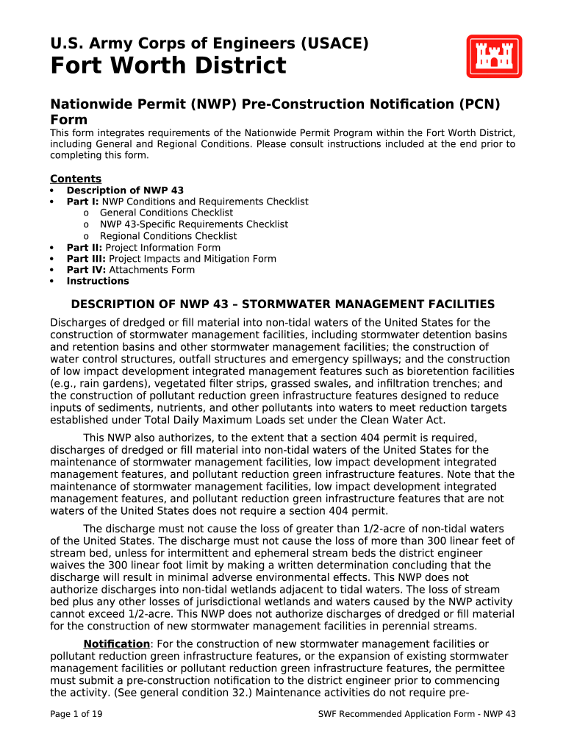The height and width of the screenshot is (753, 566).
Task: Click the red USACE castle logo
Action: click(494, 57)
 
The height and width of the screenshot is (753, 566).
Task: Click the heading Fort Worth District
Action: click(168, 66)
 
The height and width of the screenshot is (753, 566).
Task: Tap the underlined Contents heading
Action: click(76, 179)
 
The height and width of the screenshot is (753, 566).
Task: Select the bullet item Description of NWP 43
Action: click(125, 190)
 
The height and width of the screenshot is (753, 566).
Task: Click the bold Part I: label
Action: click(83, 201)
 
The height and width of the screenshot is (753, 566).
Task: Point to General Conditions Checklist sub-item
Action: click(166, 213)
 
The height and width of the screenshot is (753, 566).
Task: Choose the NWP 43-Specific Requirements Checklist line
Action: click(194, 224)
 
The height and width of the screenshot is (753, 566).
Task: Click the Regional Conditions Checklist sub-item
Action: click(168, 236)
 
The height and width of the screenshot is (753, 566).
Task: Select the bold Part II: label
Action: click(85, 248)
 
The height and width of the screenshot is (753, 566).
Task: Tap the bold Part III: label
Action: click(86, 259)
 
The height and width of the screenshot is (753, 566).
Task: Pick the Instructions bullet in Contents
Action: click(97, 281)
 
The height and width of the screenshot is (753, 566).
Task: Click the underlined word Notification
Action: click(116, 644)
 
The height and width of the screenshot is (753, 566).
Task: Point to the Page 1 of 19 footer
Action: click(76, 714)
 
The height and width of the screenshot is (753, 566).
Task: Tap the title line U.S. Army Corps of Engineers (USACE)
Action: click(209, 44)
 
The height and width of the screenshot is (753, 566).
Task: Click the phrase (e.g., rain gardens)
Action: click(98, 383)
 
